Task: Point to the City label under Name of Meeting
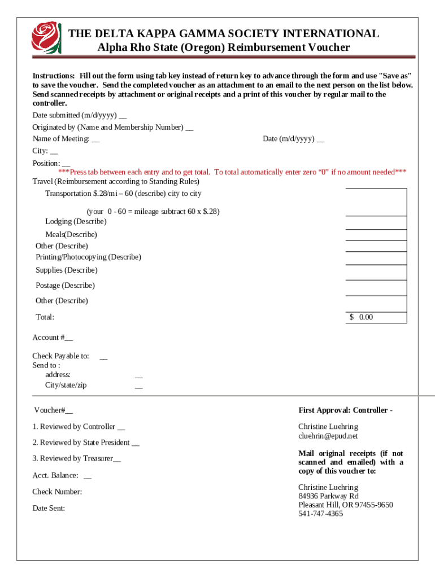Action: pyautogui.click(x=40, y=151)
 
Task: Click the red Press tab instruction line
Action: pyautogui.click(x=232, y=172)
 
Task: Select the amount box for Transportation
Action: pyautogui.click(x=376, y=202)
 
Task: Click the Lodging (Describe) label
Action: pyautogui.click(x=76, y=221)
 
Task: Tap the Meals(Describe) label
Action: pyautogui.click(x=71, y=234)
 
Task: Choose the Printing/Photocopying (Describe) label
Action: pyautogui.click(x=88, y=257)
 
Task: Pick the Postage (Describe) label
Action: pyautogui.click(x=65, y=286)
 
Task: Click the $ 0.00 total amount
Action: pyautogui.click(x=362, y=317)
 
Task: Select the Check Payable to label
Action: pyautogui.click(x=60, y=356)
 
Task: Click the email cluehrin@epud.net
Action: pyautogui.click(x=328, y=436)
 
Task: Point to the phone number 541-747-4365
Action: pyautogui.click(x=320, y=514)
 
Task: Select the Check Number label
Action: pyautogui.click(x=57, y=492)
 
